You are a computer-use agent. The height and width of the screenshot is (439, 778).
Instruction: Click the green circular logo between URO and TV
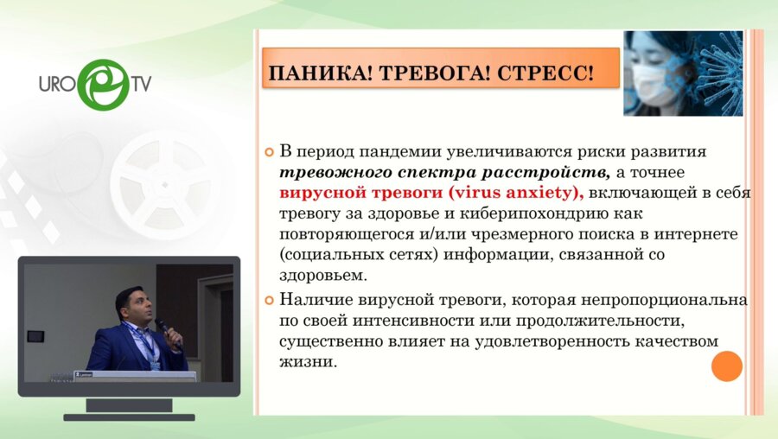103,85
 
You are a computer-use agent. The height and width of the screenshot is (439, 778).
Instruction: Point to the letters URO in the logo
57,86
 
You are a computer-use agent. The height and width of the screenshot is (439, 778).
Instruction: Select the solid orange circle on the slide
726,366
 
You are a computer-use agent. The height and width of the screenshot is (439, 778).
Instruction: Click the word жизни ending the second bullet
307,362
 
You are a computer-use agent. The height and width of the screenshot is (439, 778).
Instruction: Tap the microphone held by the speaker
162,325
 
